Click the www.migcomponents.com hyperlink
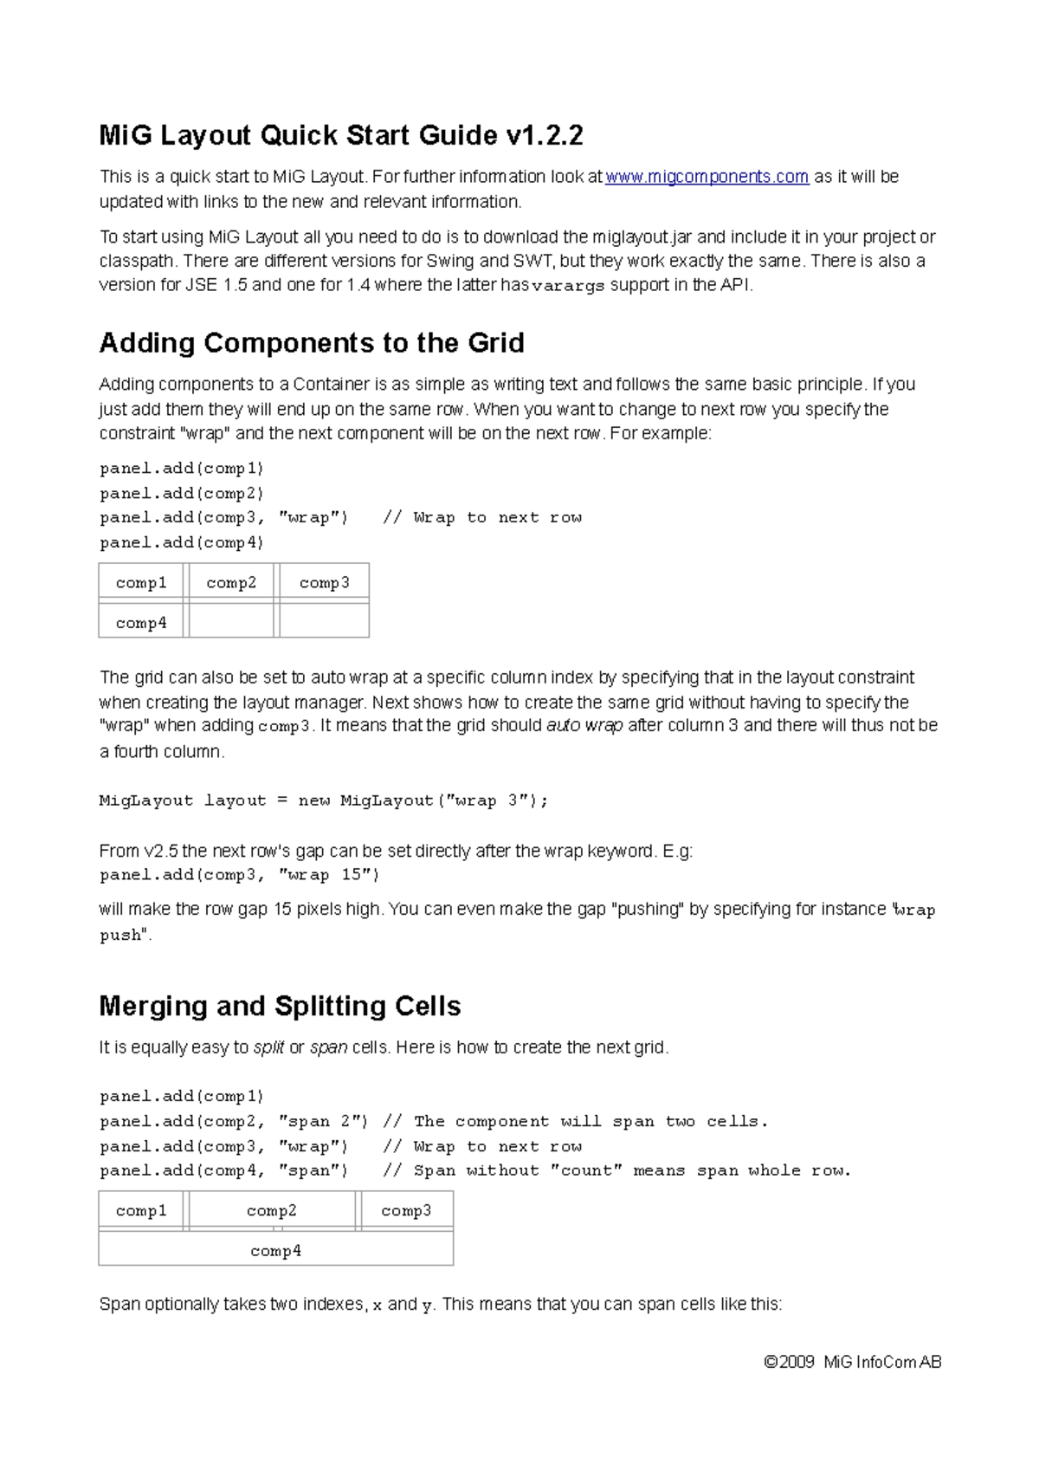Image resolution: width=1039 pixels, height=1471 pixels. tap(707, 177)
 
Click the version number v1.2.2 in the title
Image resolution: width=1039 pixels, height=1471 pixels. tap(544, 135)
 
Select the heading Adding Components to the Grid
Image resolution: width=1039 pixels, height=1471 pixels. tap(312, 343)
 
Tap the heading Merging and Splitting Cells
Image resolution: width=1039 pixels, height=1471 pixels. tap(280, 1006)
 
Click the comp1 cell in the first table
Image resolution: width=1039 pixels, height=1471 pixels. tap(141, 583)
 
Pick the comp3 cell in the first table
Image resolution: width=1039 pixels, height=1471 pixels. tap(324, 583)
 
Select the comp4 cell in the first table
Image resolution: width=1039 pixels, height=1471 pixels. tap(141, 623)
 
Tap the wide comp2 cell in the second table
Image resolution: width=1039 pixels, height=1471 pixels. tap(272, 1211)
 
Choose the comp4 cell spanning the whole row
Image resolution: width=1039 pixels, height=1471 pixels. tap(275, 1251)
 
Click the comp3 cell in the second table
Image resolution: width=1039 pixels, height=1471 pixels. tap(406, 1211)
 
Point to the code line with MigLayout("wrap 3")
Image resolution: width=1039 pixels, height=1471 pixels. tap(324, 801)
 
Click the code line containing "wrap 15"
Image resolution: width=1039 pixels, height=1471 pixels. tap(240, 875)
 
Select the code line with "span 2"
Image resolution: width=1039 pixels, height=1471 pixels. tap(234, 1122)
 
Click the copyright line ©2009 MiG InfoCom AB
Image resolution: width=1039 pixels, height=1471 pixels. tap(852, 1363)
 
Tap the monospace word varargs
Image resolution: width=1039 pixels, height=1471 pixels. tap(568, 287)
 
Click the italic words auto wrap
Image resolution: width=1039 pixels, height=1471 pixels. tap(584, 726)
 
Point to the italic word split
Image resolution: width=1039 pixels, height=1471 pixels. tap(268, 1047)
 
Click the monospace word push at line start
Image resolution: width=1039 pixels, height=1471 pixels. tap(119, 936)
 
